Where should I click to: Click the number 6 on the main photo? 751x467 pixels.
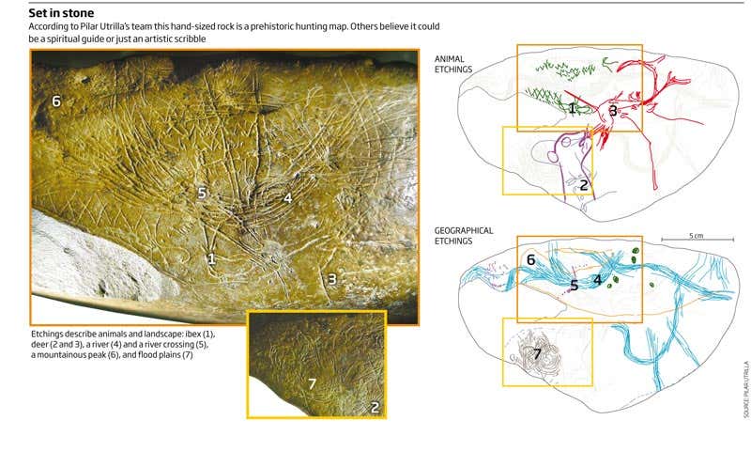56,101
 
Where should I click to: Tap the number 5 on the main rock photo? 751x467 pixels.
202,192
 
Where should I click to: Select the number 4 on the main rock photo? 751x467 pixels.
288,197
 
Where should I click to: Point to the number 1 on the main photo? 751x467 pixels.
211,257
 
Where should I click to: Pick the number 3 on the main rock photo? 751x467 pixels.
331,278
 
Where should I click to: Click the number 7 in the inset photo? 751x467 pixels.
313,383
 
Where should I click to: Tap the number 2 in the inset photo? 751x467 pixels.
374,407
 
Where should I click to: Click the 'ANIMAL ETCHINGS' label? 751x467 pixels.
454,63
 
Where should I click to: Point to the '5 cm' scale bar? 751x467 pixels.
695,239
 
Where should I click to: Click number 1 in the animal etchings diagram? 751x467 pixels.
572,109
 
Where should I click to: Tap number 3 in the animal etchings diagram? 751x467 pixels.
612,111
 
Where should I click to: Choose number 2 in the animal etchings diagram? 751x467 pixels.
583,185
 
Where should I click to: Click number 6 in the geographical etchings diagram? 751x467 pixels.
531,259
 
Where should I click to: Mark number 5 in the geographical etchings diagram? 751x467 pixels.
574,284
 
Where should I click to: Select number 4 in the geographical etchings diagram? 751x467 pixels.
597,279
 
